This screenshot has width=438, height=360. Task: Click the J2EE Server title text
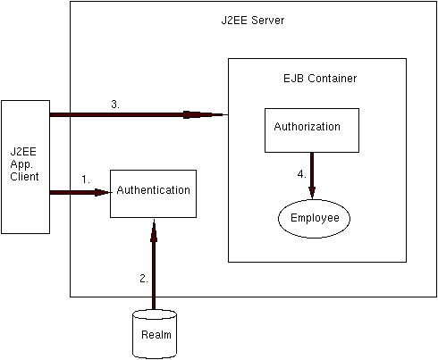[x=253, y=21]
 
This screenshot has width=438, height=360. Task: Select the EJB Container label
[x=320, y=79]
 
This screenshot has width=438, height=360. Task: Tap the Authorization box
[x=312, y=130]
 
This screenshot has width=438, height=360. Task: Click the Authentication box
[x=153, y=194]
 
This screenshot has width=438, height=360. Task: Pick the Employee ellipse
[x=314, y=219]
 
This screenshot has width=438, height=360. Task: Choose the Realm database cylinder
[x=155, y=334]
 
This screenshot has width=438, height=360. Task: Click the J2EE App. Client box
[x=26, y=167]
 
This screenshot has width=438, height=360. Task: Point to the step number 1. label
[x=86, y=180]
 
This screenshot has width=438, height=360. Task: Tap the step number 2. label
[x=144, y=279]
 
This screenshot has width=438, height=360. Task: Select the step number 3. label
[x=115, y=105]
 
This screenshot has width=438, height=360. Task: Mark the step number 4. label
[x=302, y=174]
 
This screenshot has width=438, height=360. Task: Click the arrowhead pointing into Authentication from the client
[x=103, y=192]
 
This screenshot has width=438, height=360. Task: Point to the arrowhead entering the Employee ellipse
[x=312, y=193]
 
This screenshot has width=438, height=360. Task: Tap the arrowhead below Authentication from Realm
[x=154, y=230]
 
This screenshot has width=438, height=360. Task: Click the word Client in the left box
[x=24, y=177]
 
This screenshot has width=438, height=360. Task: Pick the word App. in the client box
[x=21, y=164]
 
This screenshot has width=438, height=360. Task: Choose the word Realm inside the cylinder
[x=156, y=335]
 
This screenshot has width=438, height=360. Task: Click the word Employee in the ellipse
[x=315, y=218]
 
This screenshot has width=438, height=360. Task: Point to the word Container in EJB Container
[x=333, y=79]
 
